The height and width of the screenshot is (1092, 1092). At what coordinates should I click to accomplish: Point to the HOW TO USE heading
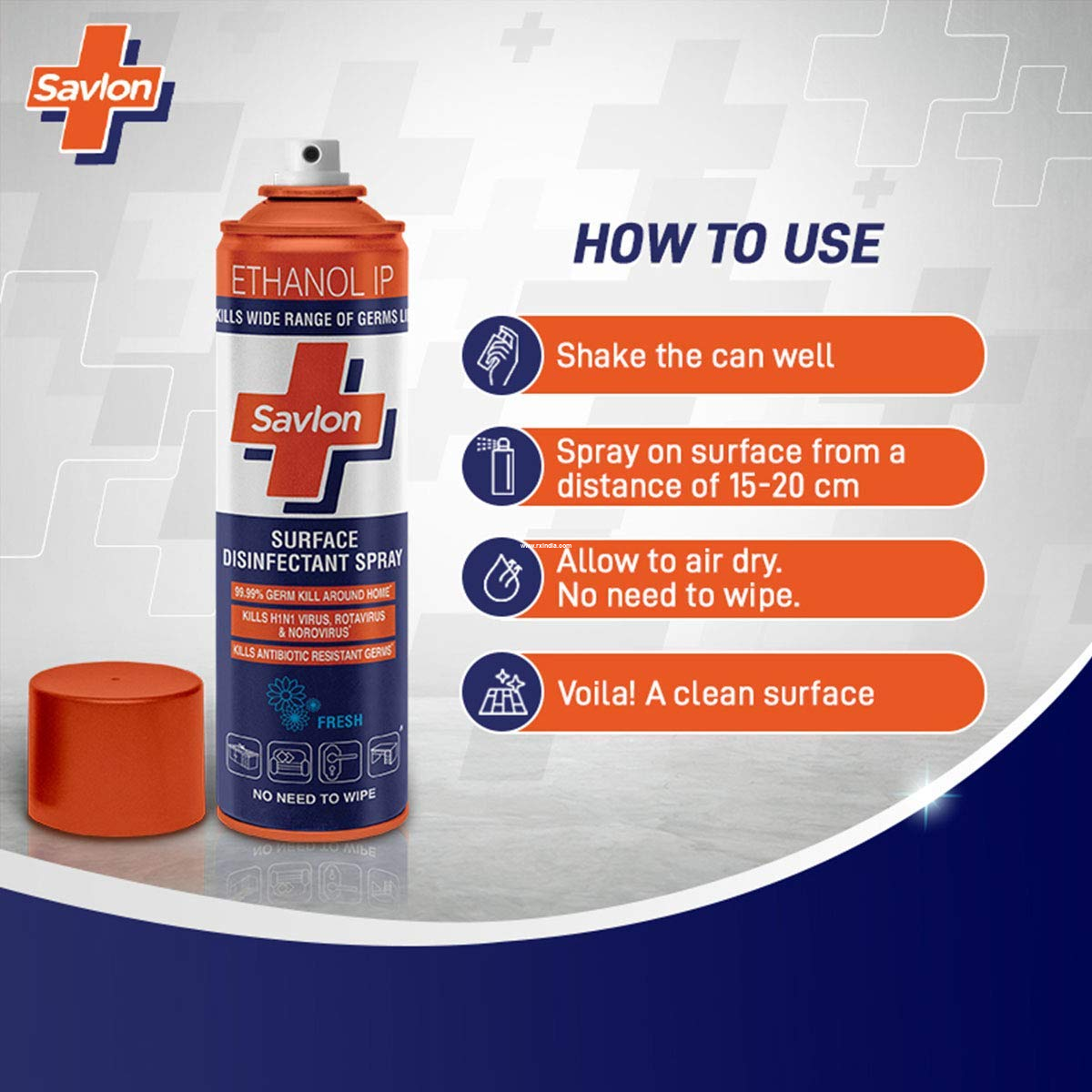[728, 243]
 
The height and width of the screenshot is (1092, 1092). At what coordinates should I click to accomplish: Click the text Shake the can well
[695, 355]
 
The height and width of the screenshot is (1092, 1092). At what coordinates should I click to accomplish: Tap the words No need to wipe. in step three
[678, 596]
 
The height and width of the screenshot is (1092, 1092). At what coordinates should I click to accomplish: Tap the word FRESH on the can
[339, 721]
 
